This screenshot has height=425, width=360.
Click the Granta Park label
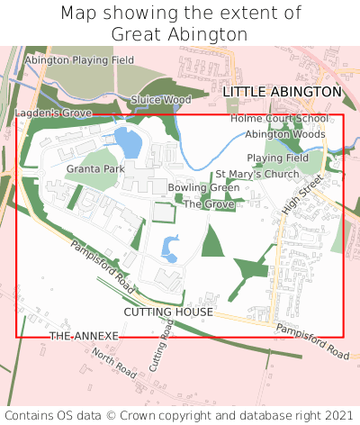[95, 168]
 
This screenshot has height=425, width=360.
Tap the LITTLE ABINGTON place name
[282, 92]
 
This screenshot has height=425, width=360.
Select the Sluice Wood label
[161, 99]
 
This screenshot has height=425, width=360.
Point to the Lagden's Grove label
[53, 113]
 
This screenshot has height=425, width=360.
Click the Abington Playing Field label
[78, 60]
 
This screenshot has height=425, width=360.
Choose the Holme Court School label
[279, 118]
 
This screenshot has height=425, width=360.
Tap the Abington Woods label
[285, 134]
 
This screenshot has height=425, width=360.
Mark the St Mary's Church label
[256, 174]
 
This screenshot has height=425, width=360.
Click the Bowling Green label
[203, 187]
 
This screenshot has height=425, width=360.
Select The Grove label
[209, 204]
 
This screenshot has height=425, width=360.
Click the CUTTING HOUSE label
[168, 312]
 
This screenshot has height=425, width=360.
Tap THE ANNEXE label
[84, 335]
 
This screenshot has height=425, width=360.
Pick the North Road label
[114, 365]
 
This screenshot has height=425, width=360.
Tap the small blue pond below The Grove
[169, 246]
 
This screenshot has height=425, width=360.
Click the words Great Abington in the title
[179, 34]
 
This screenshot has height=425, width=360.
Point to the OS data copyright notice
[179, 415]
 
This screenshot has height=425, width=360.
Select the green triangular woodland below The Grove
[212, 241]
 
